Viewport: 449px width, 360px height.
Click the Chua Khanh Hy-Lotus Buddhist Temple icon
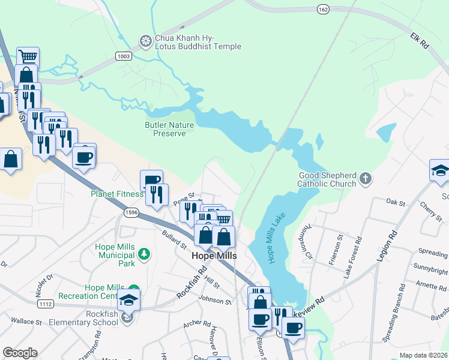[145, 41]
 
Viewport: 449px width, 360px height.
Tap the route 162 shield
[323, 9]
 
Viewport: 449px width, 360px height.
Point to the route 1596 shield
[131, 212]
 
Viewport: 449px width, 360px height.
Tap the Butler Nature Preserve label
[166, 129]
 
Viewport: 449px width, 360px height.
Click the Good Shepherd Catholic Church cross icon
[365, 178]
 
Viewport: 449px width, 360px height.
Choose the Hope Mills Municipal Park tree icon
[143, 254]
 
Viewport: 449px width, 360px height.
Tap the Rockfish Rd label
[191, 287]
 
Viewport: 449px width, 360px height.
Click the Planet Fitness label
[117, 194]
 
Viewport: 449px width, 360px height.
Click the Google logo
[20, 353]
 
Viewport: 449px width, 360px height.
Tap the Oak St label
[396, 202]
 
